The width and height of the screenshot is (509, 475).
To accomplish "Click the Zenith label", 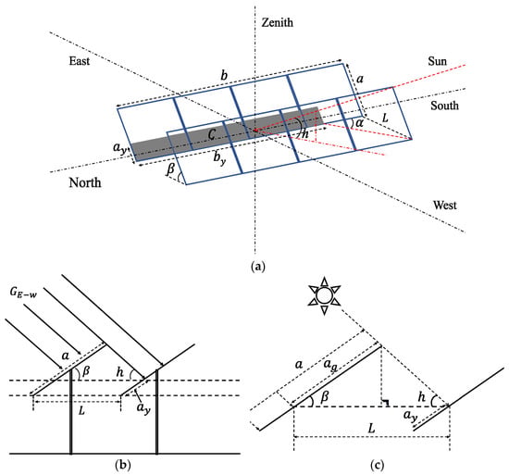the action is click(278, 22).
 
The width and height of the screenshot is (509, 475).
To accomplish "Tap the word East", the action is click(80, 61).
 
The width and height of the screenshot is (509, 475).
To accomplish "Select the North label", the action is click(85, 182).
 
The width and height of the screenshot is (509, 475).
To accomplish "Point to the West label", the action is click(445, 206).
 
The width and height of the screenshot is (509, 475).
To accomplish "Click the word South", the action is click(444, 106).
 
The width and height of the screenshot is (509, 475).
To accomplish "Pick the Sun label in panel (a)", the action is click(437, 61).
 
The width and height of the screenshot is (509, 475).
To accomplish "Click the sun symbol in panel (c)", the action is click(324, 295).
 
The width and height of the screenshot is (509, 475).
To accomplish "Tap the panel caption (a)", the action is click(258, 267).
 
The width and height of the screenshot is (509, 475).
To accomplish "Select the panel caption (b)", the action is click(123, 465).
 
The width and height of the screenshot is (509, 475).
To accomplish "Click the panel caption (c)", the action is click(377, 465).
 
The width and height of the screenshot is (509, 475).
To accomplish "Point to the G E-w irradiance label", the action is click(23, 293).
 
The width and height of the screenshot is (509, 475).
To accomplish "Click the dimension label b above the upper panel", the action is click(224, 75).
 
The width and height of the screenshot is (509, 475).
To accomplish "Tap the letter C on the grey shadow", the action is click(212, 133).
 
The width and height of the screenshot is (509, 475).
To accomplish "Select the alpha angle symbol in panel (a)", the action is click(359, 123).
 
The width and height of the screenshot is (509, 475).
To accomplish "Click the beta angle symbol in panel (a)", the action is click(171, 169).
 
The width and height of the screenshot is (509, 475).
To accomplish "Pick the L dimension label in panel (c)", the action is click(371, 428).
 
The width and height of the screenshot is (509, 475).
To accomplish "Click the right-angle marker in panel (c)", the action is click(385, 403).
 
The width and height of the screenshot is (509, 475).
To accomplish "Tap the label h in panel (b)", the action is click(119, 372).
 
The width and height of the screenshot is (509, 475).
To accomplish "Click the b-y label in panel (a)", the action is click(219, 158).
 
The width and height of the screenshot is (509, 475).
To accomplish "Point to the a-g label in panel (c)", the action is click(330, 365).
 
